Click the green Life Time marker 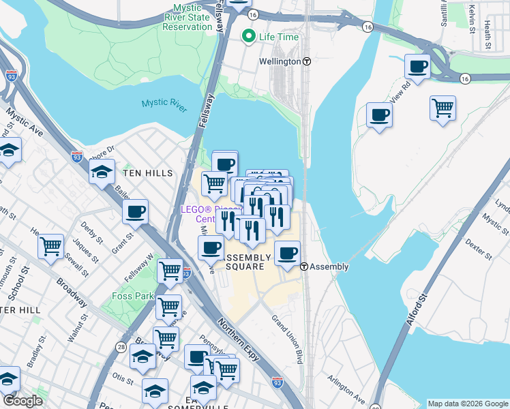coord(249,36)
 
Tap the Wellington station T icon coord(307,61)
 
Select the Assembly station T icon coord(304,267)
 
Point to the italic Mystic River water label coord(164,104)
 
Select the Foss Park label coord(132,297)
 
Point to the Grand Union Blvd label coord(287,339)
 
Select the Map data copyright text coord(468,404)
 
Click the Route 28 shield coord(121,347)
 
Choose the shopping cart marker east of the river coord(443,108)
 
